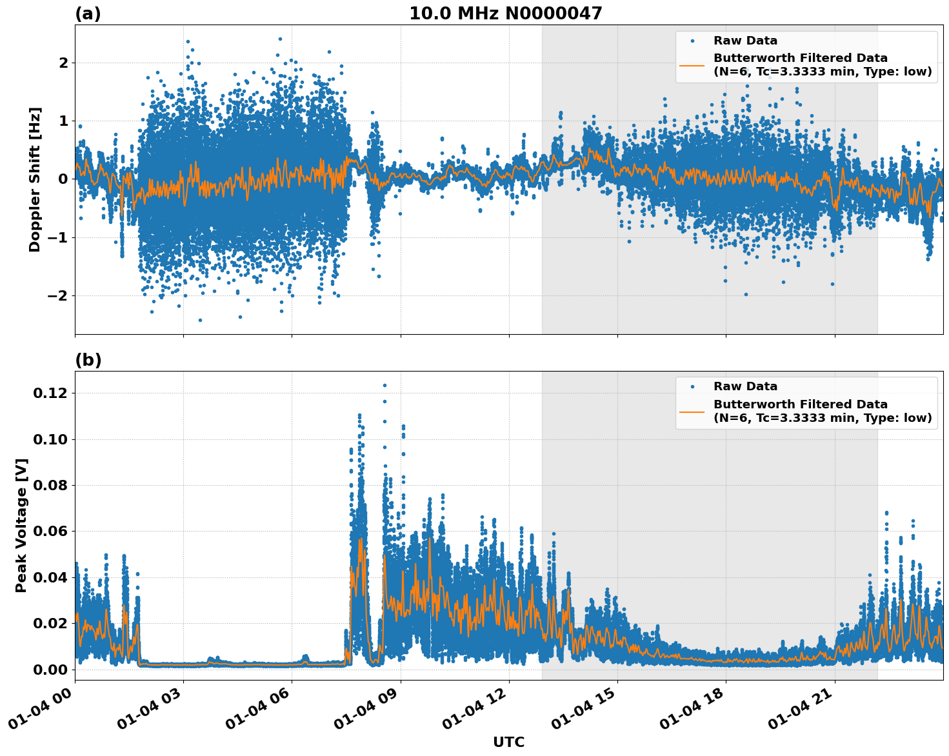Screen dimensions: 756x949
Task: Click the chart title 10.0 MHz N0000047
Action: [505, 14]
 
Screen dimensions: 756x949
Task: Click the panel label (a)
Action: [88, 14]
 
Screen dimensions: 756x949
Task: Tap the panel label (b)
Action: [88, 360]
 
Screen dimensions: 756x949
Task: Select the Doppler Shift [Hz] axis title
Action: [35, 179]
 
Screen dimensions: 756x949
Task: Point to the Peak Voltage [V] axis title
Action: [21, 525]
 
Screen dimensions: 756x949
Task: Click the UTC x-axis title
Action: [508, 742]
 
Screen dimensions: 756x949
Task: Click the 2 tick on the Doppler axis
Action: [63, 63]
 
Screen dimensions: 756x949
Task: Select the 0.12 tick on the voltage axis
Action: [51, 393]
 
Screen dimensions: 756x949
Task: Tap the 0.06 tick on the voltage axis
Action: [51, 531]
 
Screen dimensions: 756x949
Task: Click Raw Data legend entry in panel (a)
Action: [745, 41]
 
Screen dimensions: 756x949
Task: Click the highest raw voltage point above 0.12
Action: [385, 385]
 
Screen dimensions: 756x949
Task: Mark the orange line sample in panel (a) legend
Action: [692, 65]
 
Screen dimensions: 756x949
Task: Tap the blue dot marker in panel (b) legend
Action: [692, 386]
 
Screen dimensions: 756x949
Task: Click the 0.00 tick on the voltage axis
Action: [51, 669]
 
